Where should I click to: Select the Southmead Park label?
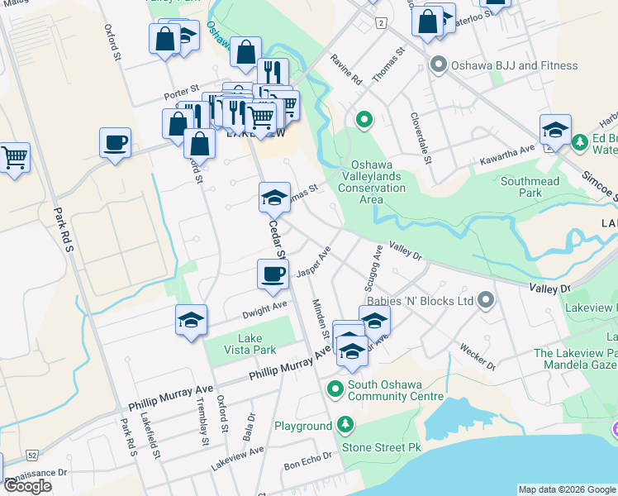530,187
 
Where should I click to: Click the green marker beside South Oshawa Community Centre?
335,388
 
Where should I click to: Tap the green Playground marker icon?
345,426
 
